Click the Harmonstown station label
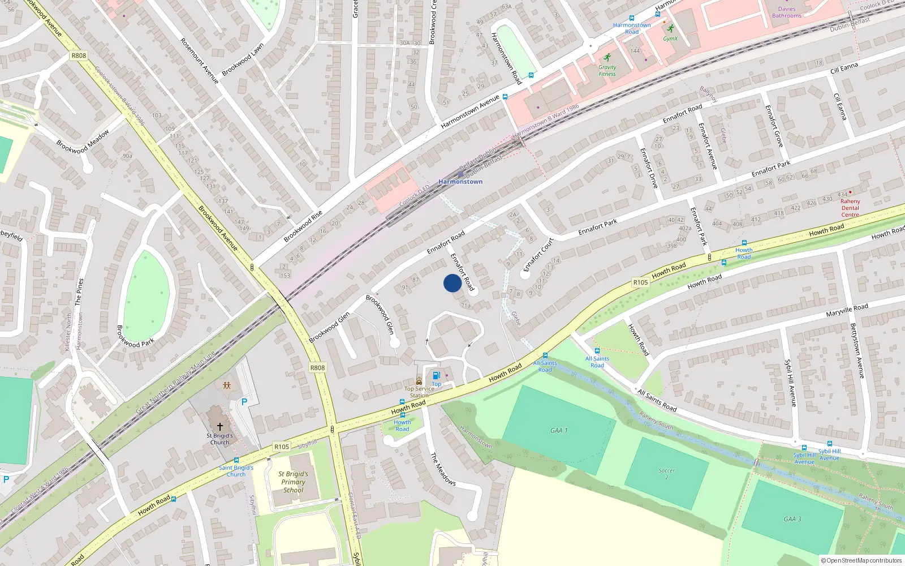(x=460, y=182)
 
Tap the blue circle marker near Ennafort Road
(x=453, y=283)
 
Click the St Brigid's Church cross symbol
(x=219, y=426)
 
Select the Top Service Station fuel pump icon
(x=436, y=375)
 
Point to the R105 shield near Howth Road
(x=640, y=282)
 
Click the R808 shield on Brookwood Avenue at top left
(x=79, y=55)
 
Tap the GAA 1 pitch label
(x=559, y=431)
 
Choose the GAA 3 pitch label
(x=792, y=519)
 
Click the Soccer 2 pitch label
(x=667, y=474)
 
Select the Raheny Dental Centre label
(x=850, y=208)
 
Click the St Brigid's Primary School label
(x=293, y=482)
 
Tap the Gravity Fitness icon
(x=607, y=58)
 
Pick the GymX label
(x=670, y=38)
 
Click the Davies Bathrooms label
(x=787, y=12)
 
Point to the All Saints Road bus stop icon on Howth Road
(x=545, y=355)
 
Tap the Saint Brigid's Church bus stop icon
(x=236, y=460)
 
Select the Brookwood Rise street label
(x=303, y=226)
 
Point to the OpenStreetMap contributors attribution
(x=861, y=560)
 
